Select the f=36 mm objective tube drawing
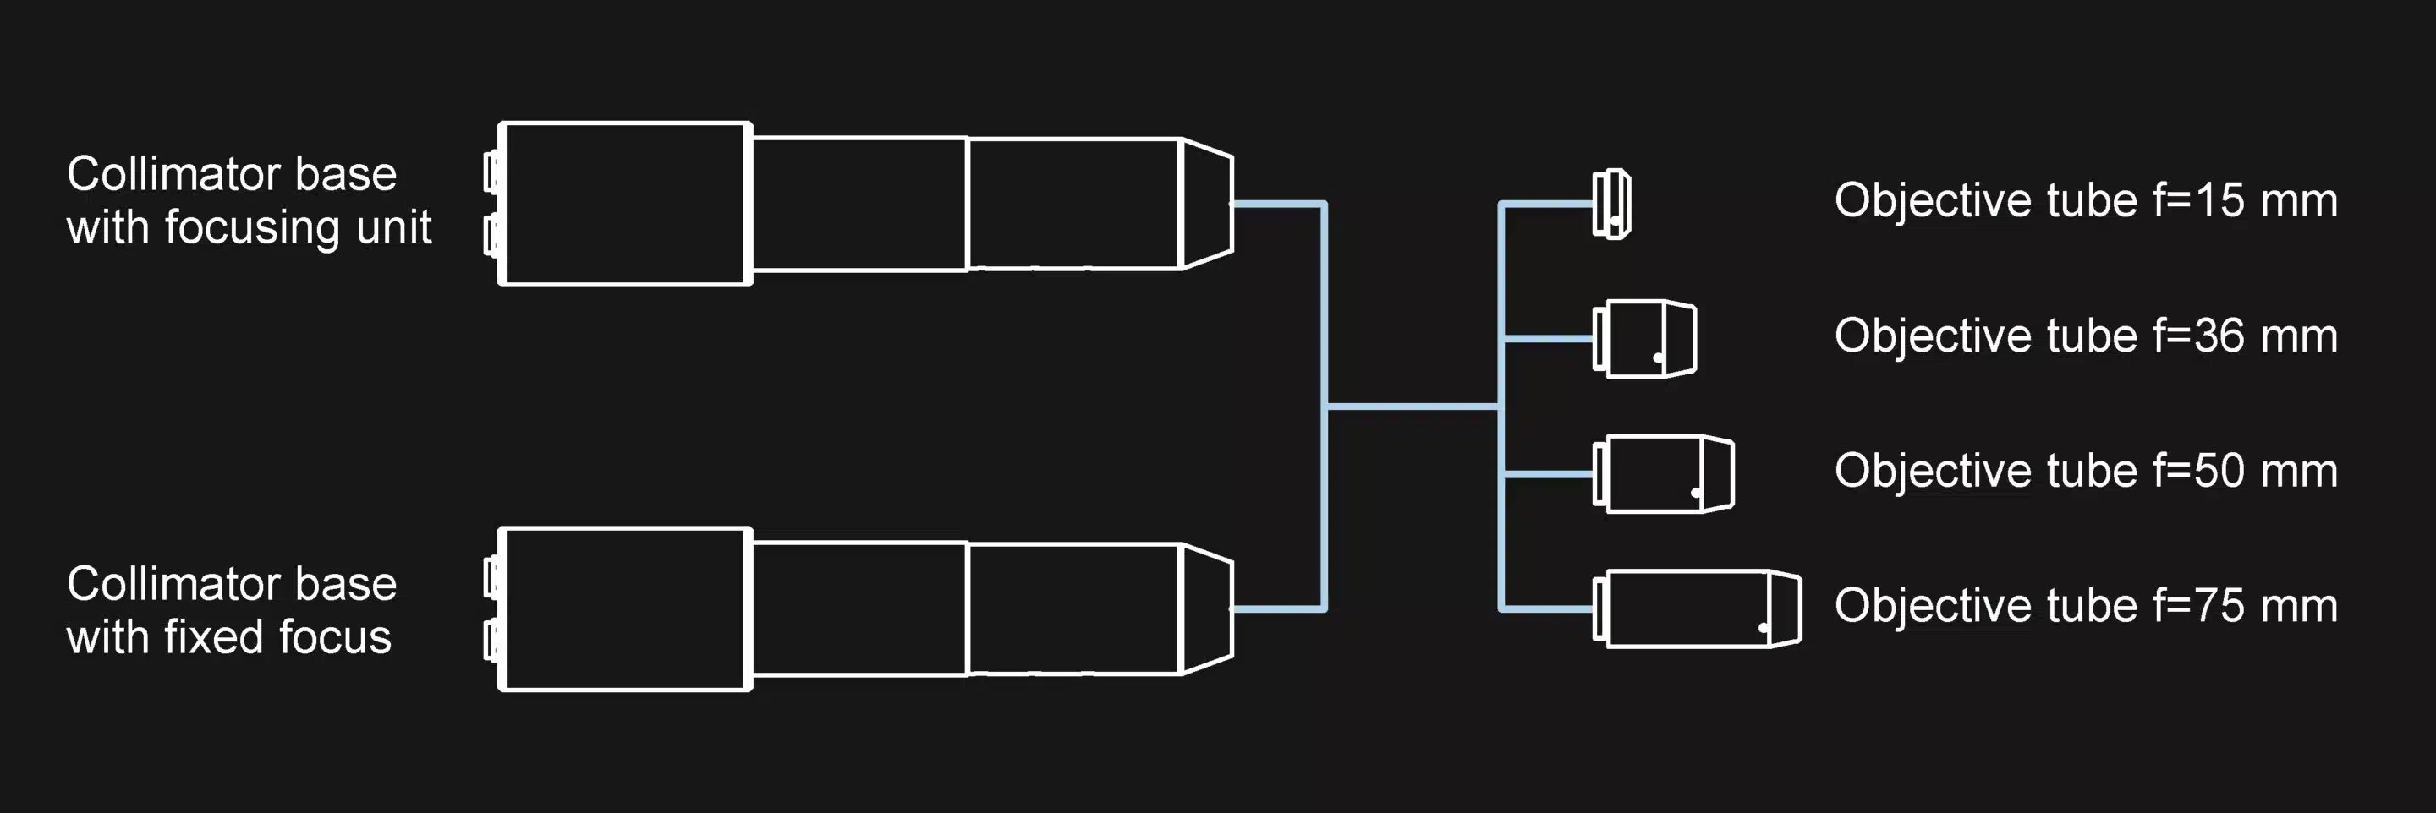[1645, 338]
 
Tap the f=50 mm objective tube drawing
[1665, 473]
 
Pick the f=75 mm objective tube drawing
[1698, 608]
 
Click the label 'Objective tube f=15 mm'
[2085, 200]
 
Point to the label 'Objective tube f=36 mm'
[2085, 336]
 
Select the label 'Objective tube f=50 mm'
[2085, 471]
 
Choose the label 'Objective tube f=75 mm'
[2085, 606]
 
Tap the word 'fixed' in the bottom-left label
[200, 637]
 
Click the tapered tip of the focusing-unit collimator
[1208, 203]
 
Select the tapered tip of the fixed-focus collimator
[1208, 608]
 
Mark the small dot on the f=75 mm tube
[1763, 628]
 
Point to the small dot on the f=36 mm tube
[1658, 357]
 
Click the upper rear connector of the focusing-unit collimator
[491, 172]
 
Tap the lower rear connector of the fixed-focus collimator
[491, 640]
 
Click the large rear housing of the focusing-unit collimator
[625, 203]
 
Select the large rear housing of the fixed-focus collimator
[625, 608]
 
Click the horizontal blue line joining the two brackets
[1413, 406]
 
